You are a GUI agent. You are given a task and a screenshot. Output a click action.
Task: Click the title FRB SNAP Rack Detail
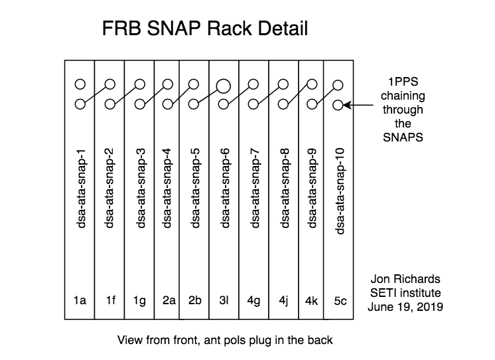click(204, 30)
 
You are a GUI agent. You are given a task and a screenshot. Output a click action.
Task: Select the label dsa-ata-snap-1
click(81, 183)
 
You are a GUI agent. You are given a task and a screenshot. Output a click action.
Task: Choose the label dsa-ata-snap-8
click(284, 183)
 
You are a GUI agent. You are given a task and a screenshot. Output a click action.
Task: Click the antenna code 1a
click(80, 300)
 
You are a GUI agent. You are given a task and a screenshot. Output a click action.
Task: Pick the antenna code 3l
click(225, 300)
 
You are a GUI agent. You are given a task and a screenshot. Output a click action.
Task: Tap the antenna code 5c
click(339, 300)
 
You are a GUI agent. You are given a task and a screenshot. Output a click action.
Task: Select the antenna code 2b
click(196, 300)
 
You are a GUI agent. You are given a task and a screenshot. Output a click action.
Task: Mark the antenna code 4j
click(283, 300)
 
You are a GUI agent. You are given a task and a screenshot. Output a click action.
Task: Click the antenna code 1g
click(138, 300)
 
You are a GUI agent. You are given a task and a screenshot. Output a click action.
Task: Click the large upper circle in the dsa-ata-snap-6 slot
click(223, 84)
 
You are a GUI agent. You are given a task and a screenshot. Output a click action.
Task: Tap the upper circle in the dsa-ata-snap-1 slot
click(80, 84)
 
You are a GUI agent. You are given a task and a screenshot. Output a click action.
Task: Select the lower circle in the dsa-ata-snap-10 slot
click(338, 104)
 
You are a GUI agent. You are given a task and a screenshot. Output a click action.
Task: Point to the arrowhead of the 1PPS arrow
click(348, 104)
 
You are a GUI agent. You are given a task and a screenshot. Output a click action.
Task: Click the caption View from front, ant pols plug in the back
click(224, 340)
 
